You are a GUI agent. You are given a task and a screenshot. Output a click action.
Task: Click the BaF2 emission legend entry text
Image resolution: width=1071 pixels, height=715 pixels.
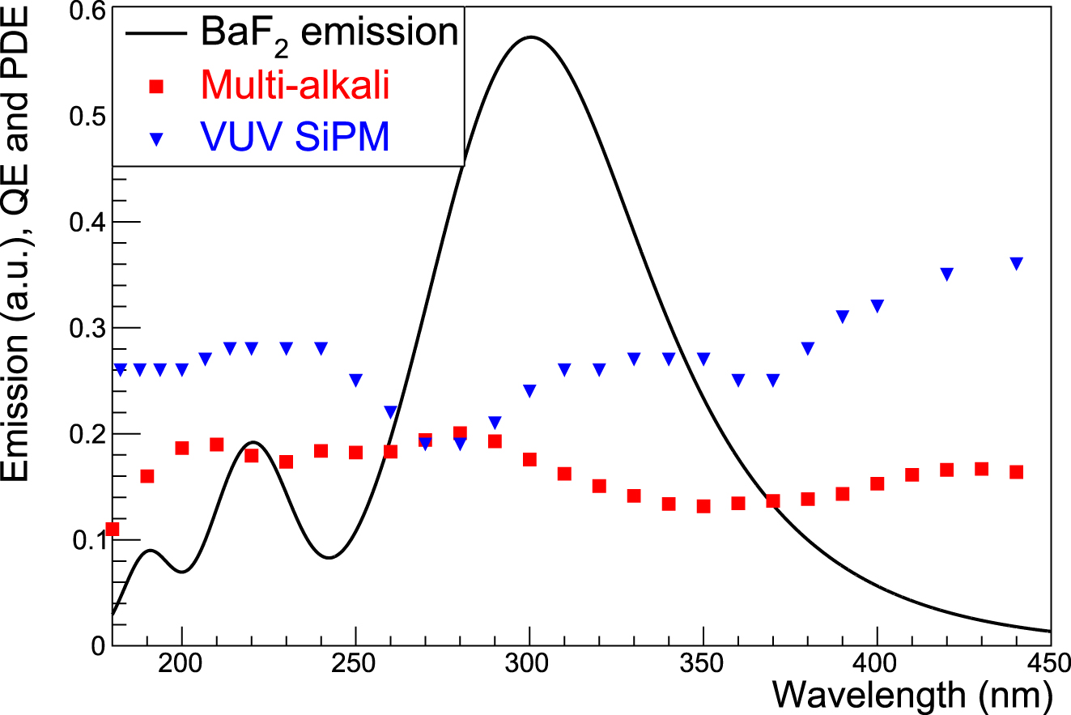[x=329, y=33]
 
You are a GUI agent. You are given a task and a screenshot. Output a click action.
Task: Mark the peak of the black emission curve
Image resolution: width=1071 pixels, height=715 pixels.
[x=530, y=36]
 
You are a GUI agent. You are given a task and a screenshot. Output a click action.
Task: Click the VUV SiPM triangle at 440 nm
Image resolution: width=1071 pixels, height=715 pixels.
[x=1017, y=263]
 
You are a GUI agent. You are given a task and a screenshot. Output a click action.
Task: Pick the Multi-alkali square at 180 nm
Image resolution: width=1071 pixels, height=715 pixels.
[x=113, y=529]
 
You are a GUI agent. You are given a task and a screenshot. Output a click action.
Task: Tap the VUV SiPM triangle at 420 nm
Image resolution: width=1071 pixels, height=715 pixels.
[x=947, y=274]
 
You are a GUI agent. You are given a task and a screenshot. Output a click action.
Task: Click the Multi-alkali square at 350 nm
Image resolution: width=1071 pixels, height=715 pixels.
[x=703, y=506]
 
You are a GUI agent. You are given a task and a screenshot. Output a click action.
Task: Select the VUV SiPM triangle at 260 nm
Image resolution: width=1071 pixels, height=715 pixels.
[x=391, y=411]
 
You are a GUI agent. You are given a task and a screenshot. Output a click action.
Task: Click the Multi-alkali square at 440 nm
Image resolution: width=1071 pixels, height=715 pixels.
[x=1017, y=472]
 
